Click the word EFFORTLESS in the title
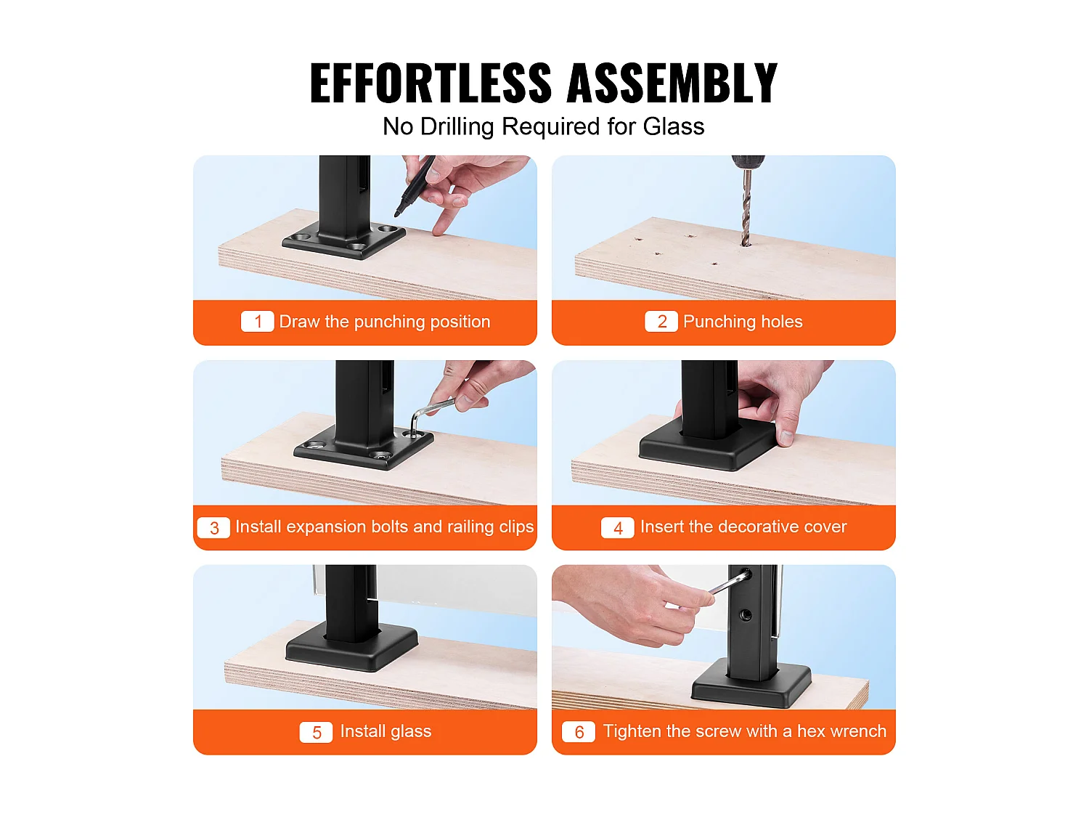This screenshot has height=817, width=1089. click(430, 83)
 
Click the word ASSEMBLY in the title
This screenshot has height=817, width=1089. click(672, 83)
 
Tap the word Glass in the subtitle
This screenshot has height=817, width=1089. click(673, 126)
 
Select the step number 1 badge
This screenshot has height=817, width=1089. click(258, 322)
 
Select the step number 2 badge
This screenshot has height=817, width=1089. click(661, 322)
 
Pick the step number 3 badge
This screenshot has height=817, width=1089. click(213, 527)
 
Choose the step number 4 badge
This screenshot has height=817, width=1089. click(618, 527)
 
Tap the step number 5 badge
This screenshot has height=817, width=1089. click(316, 732)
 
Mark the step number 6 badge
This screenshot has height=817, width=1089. click(579, 732)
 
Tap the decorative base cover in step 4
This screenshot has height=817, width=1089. click(707, 447)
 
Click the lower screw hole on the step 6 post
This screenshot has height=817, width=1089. click(746, 616)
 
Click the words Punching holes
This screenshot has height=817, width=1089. click(743, 322)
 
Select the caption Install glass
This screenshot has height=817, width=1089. click(386, 732)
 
